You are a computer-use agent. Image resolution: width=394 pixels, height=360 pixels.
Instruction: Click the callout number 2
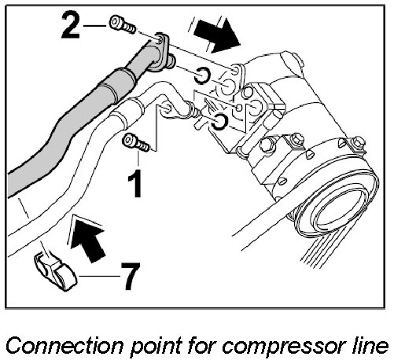tap(70, 26)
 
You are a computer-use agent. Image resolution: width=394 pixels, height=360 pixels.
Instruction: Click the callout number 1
tap(134, 183)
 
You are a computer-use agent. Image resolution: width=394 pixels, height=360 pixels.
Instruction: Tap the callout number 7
tap(130, 276)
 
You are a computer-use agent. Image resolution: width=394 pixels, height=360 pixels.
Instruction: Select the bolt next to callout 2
tap(123, 25)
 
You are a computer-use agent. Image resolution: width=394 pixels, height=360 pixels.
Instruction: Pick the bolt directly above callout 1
tap(136, 142)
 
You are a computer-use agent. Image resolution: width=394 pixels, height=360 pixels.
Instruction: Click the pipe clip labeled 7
tap(55, 271)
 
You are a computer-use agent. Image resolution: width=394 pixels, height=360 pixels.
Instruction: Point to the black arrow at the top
tap(217, 35)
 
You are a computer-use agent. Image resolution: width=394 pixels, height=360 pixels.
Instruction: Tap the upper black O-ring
tap(202, 75)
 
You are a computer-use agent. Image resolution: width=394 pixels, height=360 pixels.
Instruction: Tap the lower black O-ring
tap(219, 122)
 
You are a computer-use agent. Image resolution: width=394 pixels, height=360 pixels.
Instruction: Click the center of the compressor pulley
tap(338, 214)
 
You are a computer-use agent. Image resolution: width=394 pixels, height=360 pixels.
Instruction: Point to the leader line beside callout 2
tap(95, 26)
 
